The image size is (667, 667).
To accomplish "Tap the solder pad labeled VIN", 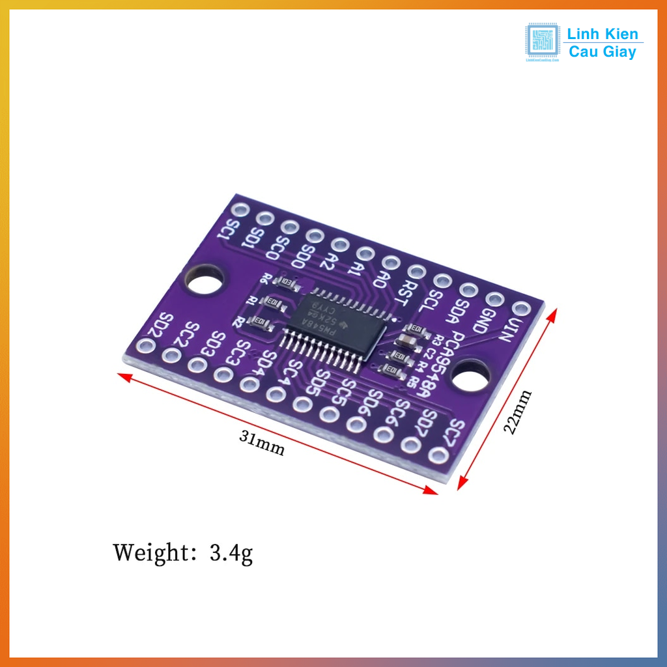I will pyautogui.click(x=520, y=308).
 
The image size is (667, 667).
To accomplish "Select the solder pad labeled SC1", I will pyautogui.click(x=240, y=210).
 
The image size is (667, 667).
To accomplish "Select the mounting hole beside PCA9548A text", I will pyautogui.click(x=471, y=378).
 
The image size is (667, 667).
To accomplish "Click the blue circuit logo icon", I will pyautogui.click(x=543, y=42).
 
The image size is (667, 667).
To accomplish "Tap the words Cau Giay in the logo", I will pyautogui.click(x=603, y=52).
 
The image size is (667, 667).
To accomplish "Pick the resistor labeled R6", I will pyautogui.click(x=287, y=283).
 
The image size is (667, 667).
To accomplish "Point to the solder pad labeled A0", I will pyautogui.click(x=391, y=262).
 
